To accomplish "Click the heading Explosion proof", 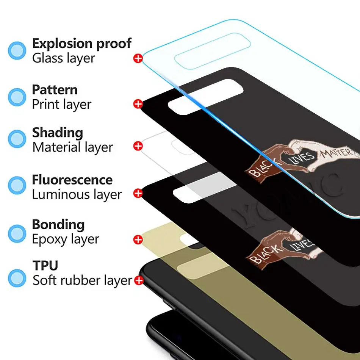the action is click(81, 44).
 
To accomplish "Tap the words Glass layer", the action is click(64, 58).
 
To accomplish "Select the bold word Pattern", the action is click(55, 90).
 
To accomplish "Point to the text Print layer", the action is click(61, 104).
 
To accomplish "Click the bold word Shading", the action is click(57, 133).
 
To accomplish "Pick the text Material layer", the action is click(72, 147).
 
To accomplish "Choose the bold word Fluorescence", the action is click(72, 180).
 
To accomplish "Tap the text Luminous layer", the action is click(77, 194).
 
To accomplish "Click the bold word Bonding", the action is click(58, 224).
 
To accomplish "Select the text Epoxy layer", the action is click(65, 239).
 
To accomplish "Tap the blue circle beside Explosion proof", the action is click(17, 50).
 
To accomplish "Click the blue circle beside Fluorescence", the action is click(17, 185).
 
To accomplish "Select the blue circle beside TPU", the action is click(17, 278).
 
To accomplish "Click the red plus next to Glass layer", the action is click(138, 58).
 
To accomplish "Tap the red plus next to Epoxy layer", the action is click(138, 239).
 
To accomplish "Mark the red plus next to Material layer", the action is click(138, 146).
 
